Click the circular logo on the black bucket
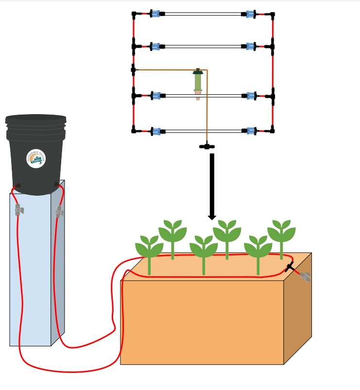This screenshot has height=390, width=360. click(x=36, y=158)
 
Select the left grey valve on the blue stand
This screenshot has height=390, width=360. click(x=18, y=210)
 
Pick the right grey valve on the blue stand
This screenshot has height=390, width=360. click(x=59, y=211)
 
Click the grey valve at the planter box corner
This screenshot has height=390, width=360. click(x=305, y=276)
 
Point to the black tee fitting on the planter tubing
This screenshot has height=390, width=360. click(x=290, y=266)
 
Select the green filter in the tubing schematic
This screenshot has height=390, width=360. click(x=198, y=83)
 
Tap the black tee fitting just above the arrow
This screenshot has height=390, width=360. click(x=207, y=146)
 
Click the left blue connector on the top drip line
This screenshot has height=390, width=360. click(x=155, y=14)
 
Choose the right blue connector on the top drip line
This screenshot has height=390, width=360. click(x=251, y=14)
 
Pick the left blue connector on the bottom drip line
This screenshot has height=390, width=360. click(x=155, y=131)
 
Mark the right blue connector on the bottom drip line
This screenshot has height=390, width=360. click(x=251, y=131)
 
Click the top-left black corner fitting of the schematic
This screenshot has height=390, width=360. click(x=134, y=14)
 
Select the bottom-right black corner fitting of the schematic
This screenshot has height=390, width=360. click(x=273, y=130)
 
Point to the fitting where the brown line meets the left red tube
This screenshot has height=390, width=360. click(x=133, y=70)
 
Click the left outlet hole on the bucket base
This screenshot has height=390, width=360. click(x=18, y=186)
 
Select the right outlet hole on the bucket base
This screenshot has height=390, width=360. click(x=56, y=185)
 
